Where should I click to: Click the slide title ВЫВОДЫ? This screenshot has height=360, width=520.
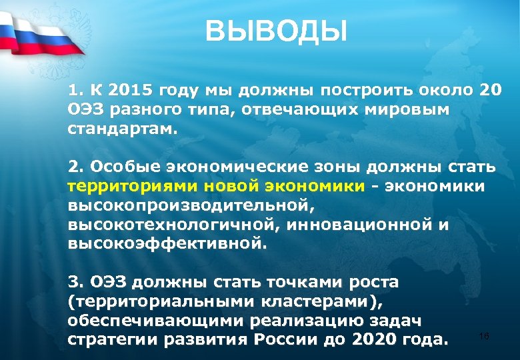pos(276,31)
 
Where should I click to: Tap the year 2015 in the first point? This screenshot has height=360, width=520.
pos(130,90)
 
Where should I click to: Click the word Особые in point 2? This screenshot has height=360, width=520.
pos(119,165)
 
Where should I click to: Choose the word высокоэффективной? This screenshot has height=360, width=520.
pos(163,243)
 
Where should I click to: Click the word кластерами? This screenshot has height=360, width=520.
pos(312,301)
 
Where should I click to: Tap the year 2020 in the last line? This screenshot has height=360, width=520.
pos(377,339)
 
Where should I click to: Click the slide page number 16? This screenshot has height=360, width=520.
pos(484,336)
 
